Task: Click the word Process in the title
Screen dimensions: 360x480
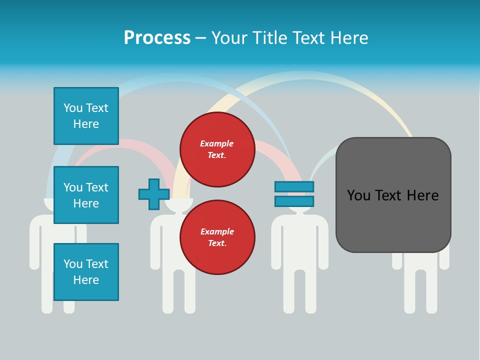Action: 157,38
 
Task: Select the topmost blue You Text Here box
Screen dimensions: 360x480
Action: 86,116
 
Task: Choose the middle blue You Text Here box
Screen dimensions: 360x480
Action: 86,195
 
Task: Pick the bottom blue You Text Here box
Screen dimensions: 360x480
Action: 86,272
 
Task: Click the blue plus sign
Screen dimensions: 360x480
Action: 154,194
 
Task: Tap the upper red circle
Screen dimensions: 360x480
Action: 217,149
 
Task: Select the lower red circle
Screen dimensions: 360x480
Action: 217,237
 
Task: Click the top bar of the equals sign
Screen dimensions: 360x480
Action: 294,187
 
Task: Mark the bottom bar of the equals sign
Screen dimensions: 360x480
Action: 294,201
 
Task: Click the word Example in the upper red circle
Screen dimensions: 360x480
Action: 217,143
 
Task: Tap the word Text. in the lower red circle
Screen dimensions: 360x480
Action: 217,243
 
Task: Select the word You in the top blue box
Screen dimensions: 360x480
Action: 72,108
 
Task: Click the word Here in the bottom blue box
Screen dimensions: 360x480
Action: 86,280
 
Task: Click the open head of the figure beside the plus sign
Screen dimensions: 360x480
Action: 172,205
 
